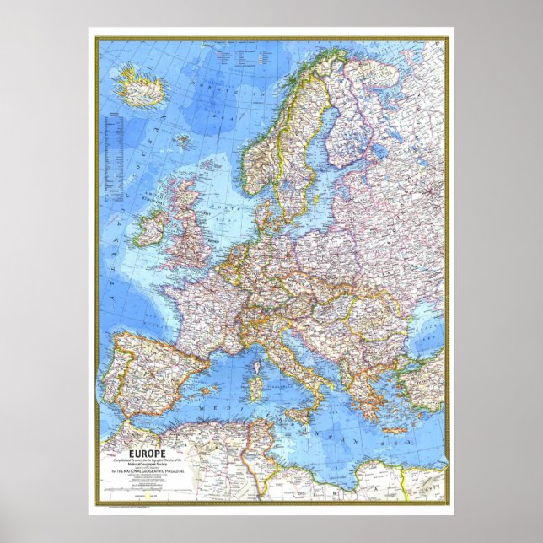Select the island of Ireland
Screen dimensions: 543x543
[154, 226]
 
